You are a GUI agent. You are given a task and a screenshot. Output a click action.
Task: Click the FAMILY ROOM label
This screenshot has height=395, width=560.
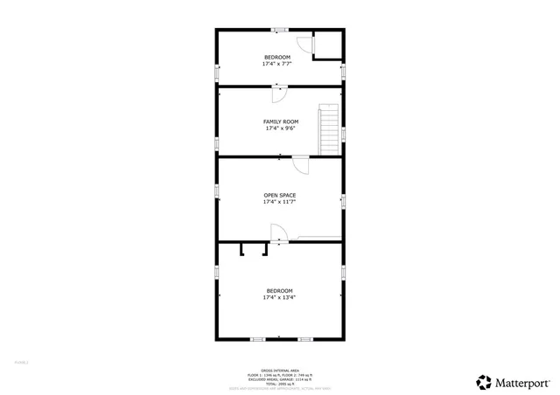click(281, 121)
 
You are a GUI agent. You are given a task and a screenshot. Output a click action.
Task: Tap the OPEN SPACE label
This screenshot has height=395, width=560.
click(280, 195)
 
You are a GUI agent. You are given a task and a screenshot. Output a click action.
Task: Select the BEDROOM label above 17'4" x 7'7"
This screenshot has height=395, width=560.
click(277, 58)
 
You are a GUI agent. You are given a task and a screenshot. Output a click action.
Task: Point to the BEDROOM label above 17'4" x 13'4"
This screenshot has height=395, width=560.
click(279, 290)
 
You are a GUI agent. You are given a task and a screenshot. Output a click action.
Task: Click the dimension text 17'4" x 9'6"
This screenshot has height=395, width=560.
click(281, 128)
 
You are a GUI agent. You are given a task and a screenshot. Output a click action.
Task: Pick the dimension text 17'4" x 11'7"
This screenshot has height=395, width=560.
click(280, 202)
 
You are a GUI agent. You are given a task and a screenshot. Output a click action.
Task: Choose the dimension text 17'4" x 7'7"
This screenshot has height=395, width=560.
click(277, 64)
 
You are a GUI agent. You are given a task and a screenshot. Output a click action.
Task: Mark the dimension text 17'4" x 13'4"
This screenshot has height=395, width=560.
click(279, 297)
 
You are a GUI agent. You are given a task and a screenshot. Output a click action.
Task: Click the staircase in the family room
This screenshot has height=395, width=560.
click(328, 128)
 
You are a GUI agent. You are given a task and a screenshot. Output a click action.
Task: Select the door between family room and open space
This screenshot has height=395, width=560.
click(299, 163)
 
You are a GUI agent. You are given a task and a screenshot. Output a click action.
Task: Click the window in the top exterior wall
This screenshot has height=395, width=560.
click(279, 31)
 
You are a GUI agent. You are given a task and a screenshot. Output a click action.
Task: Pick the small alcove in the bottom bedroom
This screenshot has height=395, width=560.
click(254, 250)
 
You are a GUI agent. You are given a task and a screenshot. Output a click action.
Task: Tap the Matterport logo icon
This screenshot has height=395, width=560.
click(484, 381)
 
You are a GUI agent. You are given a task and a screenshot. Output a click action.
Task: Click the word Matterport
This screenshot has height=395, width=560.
click(525, 382)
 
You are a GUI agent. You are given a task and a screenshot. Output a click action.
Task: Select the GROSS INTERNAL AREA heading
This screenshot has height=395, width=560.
click(279, 370)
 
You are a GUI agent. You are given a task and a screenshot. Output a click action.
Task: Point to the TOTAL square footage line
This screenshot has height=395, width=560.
click(279, 383)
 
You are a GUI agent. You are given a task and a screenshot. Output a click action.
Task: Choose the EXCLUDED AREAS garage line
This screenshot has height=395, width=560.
click(279, 378)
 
